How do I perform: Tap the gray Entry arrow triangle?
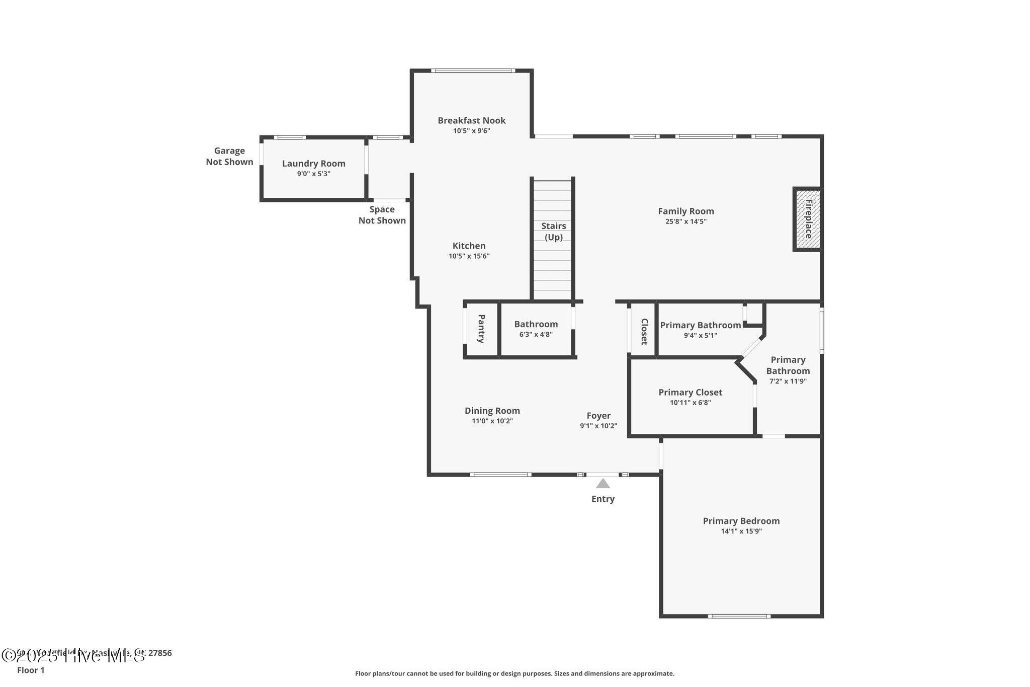point(603,484)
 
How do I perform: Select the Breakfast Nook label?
point(471,120)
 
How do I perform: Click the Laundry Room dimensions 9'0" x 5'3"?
point(313,174)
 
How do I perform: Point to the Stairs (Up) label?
point(553,232)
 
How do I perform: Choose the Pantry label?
point(481,329)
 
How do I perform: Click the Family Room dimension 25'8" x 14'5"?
point(685,221)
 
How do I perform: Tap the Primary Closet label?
point(690,392)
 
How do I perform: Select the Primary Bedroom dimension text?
point(741,531)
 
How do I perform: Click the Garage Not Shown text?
point(229,156)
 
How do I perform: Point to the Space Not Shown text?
point(382,215)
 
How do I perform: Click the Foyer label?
point(598,416)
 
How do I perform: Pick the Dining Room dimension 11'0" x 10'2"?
point(492,421)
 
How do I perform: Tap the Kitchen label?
point(469,246)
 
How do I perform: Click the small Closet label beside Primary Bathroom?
point(644,331)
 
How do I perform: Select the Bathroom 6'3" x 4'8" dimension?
point(536,335)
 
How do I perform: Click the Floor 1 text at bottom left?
point(31,670)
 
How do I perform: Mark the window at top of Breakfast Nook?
point(473,70)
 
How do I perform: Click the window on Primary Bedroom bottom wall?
point(739,616)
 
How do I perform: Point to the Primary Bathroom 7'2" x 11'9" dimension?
point(788,381)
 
